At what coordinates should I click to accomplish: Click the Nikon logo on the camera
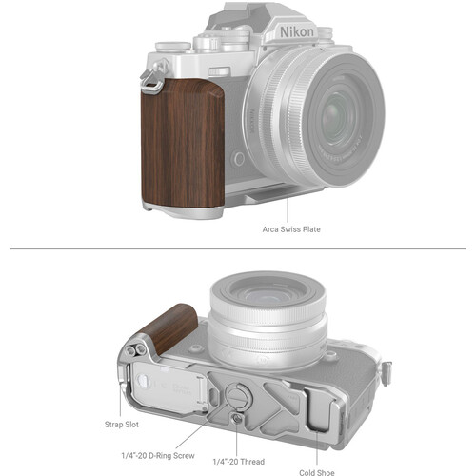[x=301, y=32]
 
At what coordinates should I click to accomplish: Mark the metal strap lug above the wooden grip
[x=149, y=87]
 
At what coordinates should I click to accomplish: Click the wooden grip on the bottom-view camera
[x=166, y=327]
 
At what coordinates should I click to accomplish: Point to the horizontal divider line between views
[x=238, y=250]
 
